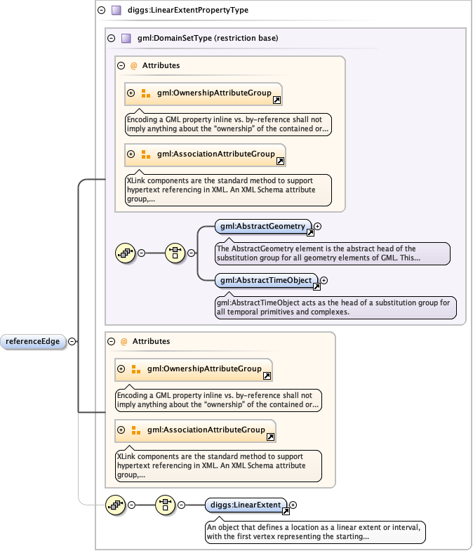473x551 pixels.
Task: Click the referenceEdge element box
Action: point(34,342)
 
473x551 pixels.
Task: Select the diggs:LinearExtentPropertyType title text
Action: point(178,11)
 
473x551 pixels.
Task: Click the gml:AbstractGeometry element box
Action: point(263,226)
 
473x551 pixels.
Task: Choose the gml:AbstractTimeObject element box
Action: point(266,280)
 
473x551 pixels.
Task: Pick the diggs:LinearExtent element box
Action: point(246,504)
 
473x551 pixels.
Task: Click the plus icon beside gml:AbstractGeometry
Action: point(318,226)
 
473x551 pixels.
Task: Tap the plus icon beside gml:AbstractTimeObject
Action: point(324,280)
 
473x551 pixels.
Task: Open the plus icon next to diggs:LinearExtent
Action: point(293,504)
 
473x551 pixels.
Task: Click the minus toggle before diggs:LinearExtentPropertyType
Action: point(102,11)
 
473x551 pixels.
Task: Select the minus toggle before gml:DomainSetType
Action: point(112,38)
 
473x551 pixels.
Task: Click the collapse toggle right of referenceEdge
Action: point(72,342)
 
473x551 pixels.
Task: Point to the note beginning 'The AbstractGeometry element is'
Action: point(331,253)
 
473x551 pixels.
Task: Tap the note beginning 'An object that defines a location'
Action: point(315,531)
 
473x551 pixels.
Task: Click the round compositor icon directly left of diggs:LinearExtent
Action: point(165,505)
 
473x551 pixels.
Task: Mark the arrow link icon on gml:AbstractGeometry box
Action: point(310,232)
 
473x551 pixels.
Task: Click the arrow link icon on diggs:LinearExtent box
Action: point(286,510)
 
